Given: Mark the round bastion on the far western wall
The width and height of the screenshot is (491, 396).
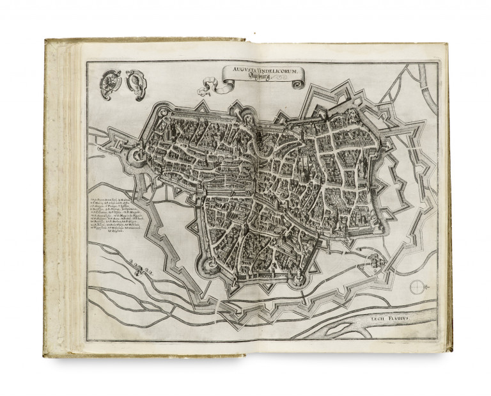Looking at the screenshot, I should pos(137,155).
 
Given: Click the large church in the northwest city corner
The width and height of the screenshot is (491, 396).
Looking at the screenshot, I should pos(163,122).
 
